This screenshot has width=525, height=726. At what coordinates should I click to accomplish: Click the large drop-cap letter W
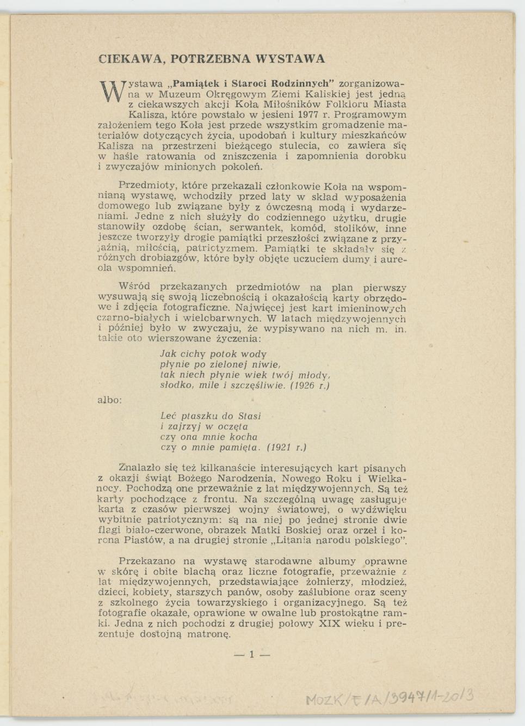(113, 91)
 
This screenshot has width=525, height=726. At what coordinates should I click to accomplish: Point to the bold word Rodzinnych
(302, 84)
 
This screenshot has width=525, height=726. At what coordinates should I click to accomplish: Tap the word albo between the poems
(109, 400)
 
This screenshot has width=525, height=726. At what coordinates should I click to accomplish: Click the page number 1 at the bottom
(252, 655)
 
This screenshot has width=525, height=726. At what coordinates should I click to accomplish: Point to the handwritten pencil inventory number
(388, 698)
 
